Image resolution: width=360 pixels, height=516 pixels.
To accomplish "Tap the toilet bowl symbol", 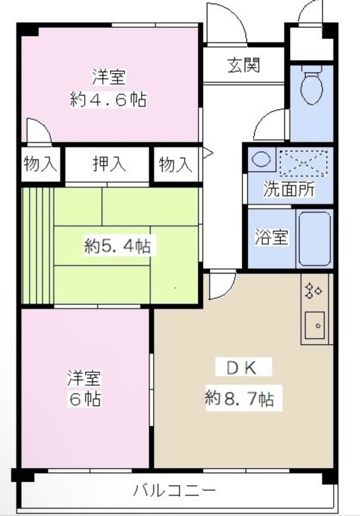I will tap(311, 87).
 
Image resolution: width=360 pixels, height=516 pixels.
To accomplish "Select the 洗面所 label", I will tap(289, 189).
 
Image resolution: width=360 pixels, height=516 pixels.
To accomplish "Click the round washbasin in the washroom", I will tap(261, 159).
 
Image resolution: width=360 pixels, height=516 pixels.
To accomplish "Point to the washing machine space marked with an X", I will tap(304, 162).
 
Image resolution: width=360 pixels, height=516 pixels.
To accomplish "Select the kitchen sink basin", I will tap(314, 325).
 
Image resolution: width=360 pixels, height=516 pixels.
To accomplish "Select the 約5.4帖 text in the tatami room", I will tap(117, 246).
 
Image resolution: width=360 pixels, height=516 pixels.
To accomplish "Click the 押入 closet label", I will tap(109, 164).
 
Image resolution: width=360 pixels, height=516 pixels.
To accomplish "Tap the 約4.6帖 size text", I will tap(108, 100).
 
